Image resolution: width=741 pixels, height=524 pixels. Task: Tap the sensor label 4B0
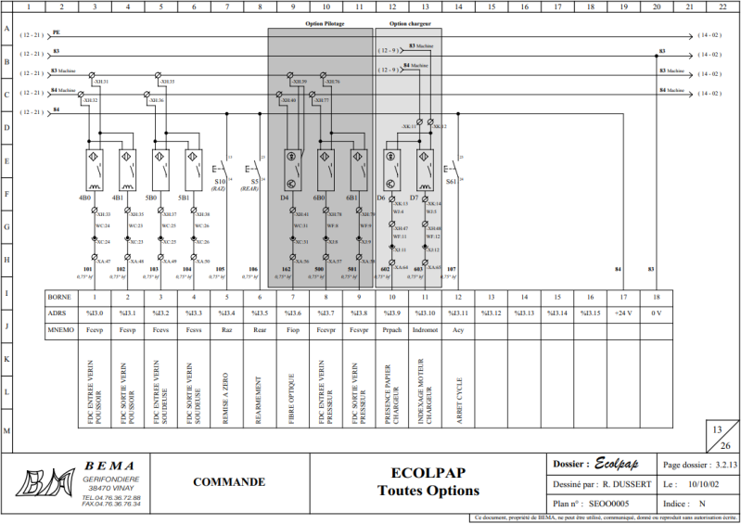point(84,198)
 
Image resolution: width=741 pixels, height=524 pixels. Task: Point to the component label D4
point(285,198)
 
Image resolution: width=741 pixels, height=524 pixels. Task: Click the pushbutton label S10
point(220,182)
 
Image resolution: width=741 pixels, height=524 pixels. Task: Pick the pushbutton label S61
point(451,182)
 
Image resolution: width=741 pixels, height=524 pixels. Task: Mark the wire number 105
point(220,269)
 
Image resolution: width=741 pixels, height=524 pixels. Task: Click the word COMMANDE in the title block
point(228,481)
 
